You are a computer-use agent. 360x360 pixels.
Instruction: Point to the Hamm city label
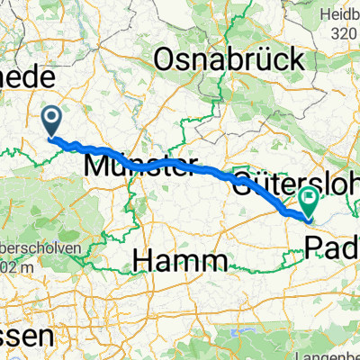coord(178,262)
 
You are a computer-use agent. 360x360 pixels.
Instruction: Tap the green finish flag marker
coord(310,202)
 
